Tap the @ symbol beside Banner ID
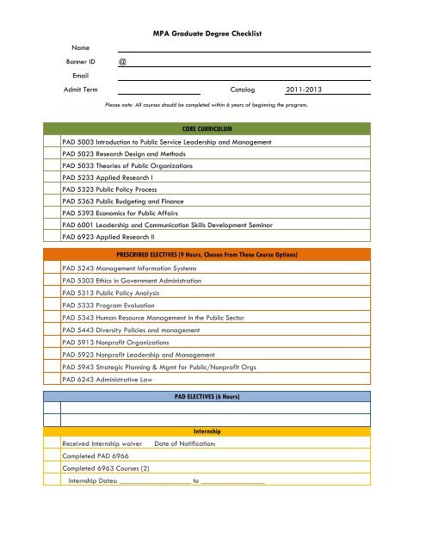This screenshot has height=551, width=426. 122,62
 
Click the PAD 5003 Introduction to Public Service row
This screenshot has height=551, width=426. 167,141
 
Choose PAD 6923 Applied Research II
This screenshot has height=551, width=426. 114,235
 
